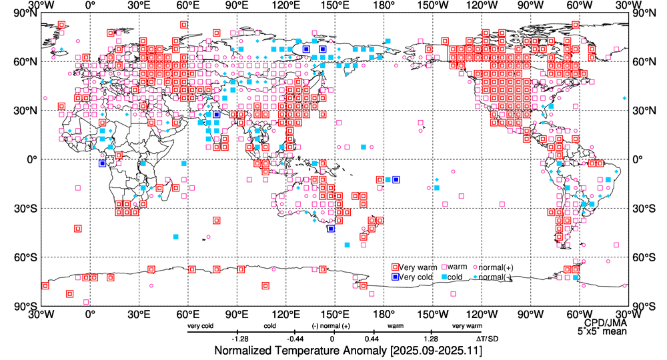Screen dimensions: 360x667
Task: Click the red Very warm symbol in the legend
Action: (396, 267)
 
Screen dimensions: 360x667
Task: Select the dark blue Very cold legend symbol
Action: (396, 277)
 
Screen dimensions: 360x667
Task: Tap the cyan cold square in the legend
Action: (442, 277)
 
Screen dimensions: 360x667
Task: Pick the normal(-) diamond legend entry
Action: (476, 277)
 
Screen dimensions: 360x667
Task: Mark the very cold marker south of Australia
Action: (331, 229)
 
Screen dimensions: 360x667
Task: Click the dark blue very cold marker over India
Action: (217, 115)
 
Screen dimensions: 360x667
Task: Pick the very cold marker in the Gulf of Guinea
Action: (102, 163)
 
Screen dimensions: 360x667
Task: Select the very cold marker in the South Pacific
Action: (396, 179)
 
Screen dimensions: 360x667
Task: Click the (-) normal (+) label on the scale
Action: (331, 326)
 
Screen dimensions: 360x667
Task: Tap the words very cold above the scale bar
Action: (201, 326)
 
